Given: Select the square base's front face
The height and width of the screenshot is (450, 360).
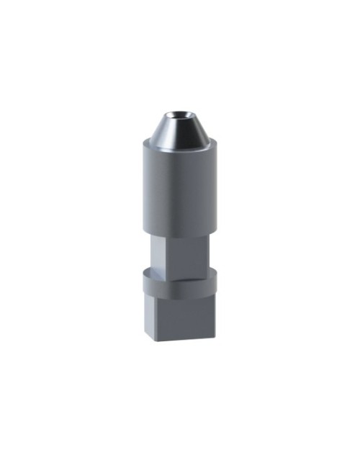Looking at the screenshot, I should [186, 317].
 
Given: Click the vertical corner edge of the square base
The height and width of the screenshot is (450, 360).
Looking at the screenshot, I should [159, 317].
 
